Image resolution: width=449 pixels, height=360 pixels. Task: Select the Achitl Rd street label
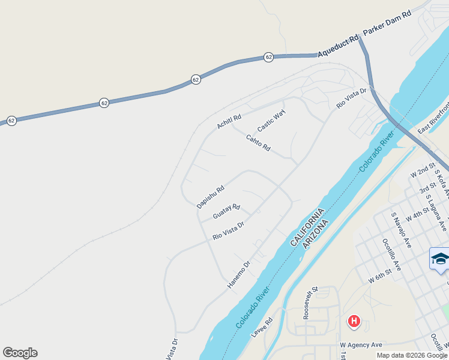(229, 121)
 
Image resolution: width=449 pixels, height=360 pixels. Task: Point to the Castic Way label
(271, 121)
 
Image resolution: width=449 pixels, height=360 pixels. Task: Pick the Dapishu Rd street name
(211, 196)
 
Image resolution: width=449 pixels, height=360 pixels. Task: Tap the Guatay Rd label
(226, 211)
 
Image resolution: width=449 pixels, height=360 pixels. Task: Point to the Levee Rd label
(262, 327)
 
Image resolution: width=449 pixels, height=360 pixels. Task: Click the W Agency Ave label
(361, 345)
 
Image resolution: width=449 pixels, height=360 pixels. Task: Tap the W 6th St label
(380, 277)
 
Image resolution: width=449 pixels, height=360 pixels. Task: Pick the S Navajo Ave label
(400, 230)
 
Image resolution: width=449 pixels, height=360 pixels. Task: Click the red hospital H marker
(354, 321)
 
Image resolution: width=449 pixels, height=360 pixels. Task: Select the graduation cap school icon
(440, 259)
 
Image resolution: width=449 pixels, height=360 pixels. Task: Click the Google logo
(20, 353)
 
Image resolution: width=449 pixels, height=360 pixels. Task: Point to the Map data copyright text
(412, 355)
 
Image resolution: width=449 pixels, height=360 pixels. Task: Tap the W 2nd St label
(423, 170)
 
